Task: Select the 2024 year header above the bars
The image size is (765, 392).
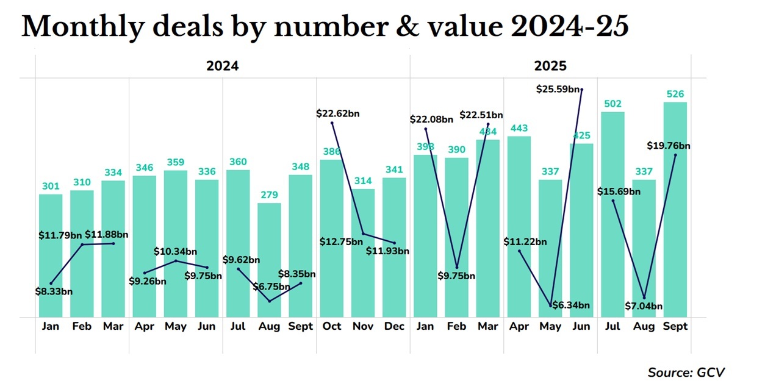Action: [x=222, y=66]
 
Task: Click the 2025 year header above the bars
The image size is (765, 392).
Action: [x=550, y=66]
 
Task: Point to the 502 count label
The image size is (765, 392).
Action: [x=613, y=104]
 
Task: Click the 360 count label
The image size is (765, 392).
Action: [x=238, y=162]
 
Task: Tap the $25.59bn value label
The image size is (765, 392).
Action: [x=558, y=89]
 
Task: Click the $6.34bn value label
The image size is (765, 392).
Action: [x=572, y=305]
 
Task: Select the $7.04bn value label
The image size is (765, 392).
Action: [x=644, y=306]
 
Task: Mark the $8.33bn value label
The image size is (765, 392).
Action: [x=54, y=291]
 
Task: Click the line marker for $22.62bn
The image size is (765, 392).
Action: [x=332, y=123]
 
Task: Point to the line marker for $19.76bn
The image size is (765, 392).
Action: [x=675, y=155]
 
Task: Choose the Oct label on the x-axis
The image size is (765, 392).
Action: [x=332, y=327]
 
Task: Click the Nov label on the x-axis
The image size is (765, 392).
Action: [x=363, y=327]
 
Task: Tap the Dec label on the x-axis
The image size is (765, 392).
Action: [x=395, y=327]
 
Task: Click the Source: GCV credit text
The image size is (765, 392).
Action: [x=686, y=372]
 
